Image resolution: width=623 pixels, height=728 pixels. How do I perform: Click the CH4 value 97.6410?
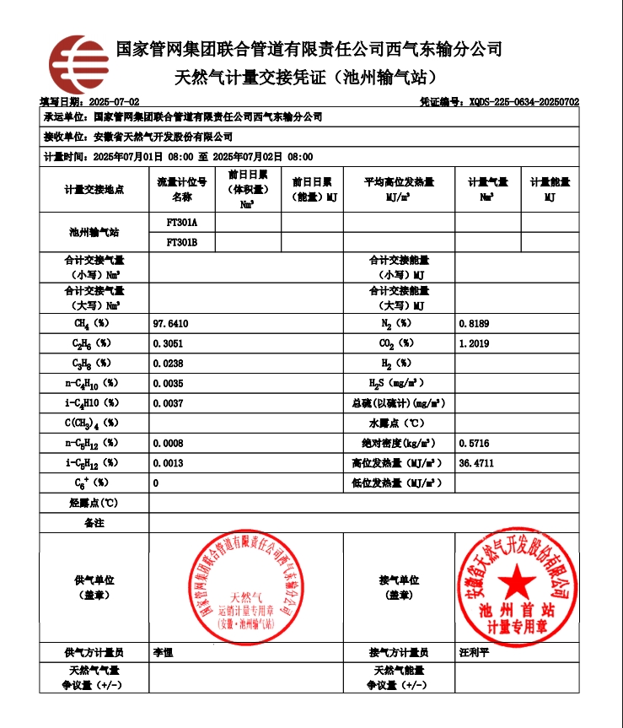point(170,324)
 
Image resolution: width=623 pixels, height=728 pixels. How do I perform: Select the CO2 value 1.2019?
point(474,344)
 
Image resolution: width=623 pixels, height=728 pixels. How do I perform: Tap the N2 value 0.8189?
point(474,324)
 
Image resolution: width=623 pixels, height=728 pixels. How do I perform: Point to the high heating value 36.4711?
point(476,463)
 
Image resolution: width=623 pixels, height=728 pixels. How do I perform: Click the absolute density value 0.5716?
point(474,443)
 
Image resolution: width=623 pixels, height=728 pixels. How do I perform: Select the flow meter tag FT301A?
point(181,223)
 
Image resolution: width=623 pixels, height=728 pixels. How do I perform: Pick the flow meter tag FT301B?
point(181,242)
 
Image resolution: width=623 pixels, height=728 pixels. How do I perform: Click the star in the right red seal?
point(513,582)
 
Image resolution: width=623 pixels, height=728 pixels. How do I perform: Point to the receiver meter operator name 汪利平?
point(474,652)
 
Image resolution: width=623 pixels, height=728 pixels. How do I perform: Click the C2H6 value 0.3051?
point(168,344)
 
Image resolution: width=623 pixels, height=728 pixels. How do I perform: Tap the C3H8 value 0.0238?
point(168,364)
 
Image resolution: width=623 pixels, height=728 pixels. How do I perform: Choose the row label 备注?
point(94,523)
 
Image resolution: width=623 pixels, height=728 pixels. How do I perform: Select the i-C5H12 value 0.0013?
point(168,463)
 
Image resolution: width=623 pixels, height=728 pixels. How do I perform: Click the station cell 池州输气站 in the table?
point(94,232)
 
